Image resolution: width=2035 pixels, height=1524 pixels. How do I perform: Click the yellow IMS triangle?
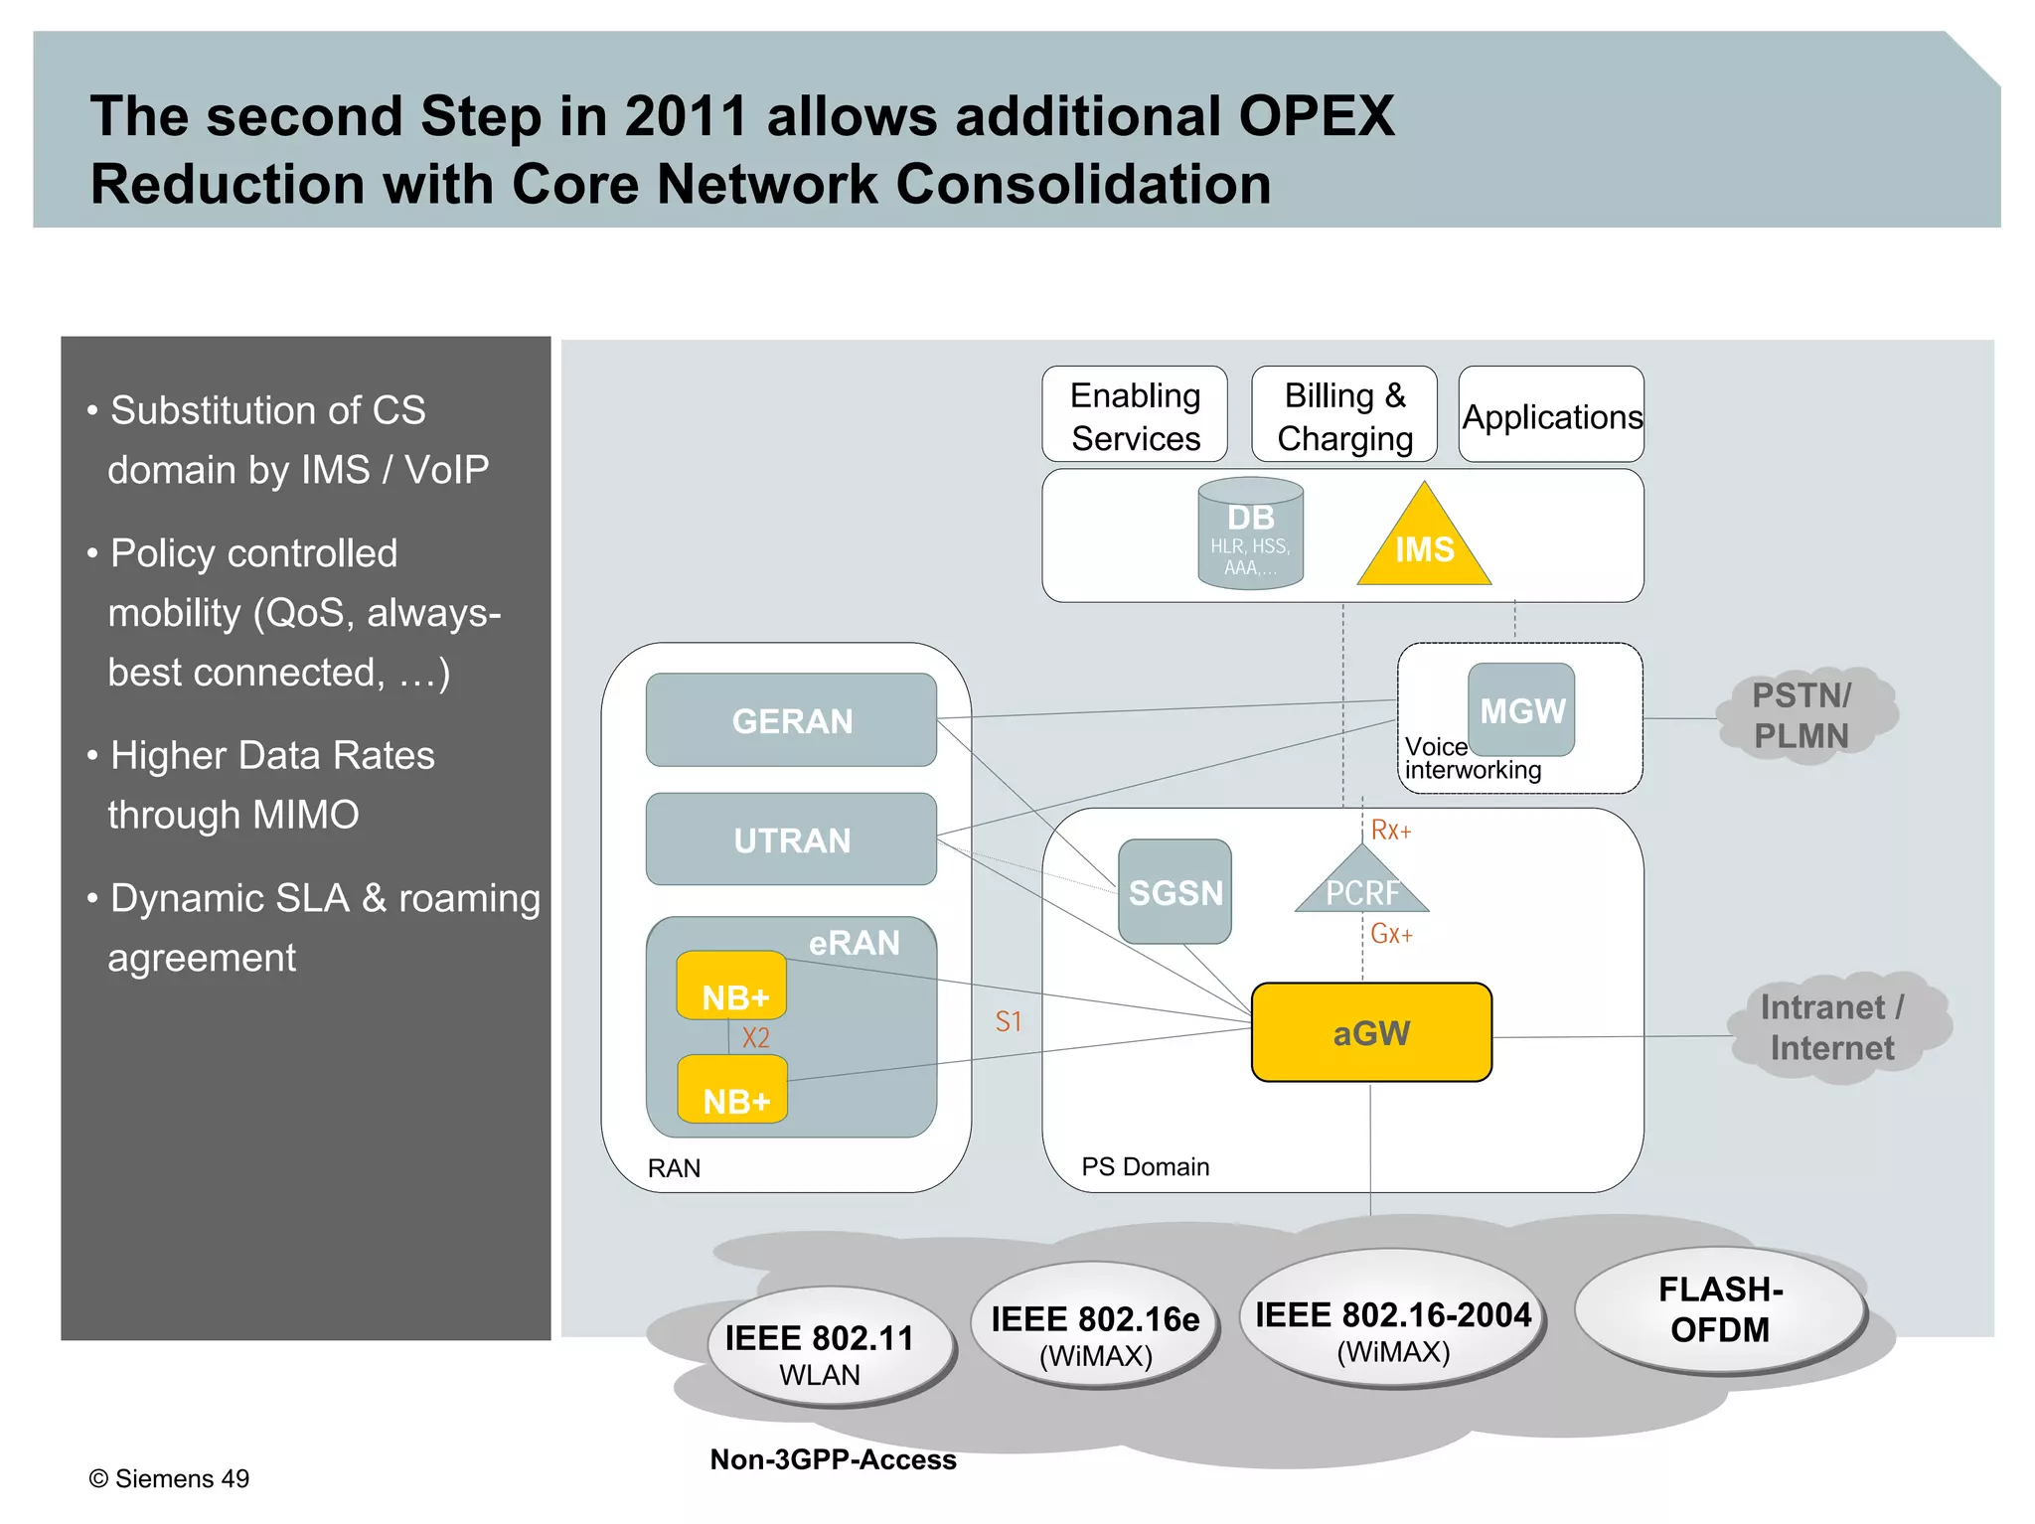point(1423,547)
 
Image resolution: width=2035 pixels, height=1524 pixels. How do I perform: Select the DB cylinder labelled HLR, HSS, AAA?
point(1250,534)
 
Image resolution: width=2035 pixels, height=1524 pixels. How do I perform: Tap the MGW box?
point(1521,710)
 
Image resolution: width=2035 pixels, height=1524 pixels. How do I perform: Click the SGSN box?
point(1174,892)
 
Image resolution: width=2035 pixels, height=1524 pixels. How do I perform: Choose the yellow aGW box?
point(1371,1032)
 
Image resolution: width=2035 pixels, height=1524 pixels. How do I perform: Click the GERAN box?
point(791,720)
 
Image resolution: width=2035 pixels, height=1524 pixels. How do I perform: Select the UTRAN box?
point(791,839)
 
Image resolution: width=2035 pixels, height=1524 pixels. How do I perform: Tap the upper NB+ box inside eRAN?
point(732,987)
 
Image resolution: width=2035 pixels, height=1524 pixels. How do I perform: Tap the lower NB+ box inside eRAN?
point(733,1092)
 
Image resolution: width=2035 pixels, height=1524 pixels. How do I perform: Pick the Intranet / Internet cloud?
point(1833,1028)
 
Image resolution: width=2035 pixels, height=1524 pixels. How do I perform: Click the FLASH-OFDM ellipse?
point(1720,1310)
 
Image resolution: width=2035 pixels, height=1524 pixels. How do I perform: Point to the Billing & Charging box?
point(1344,415)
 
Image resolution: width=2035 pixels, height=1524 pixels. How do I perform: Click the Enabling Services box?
point(1135,415)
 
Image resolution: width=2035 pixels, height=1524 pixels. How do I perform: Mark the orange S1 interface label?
point(1008,1021)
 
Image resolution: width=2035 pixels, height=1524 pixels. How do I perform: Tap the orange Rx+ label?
point(1390,831)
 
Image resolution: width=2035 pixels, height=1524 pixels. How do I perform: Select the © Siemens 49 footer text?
point(169,1478)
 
